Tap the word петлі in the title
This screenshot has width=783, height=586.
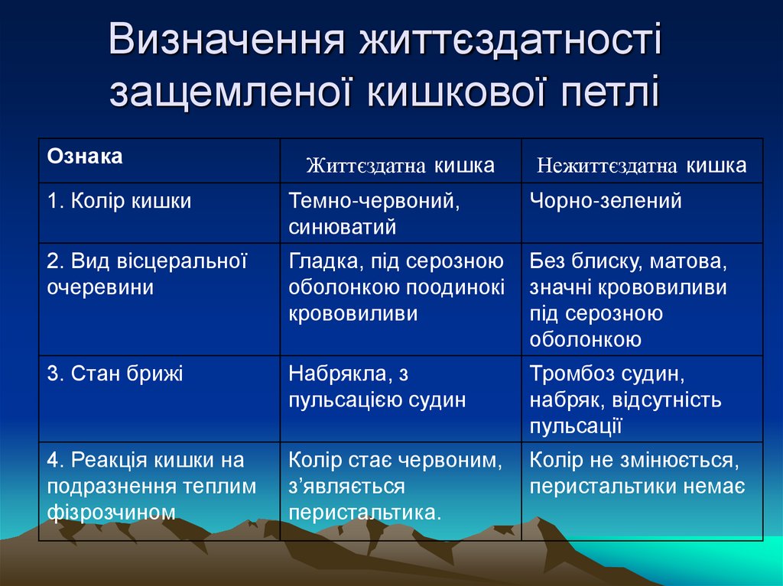(600, 91)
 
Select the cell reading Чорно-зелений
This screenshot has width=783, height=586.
(605, 202)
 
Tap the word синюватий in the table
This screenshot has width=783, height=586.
(342, 227)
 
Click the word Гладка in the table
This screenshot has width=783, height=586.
(317, 262)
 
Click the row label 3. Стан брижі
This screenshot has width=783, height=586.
(115, 374)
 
